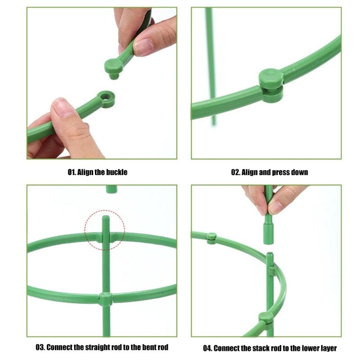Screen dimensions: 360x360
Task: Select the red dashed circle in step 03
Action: (x=105, y=229)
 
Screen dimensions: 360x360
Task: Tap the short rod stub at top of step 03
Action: (x=111, y=189)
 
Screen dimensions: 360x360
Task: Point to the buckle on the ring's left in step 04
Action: (x=211, y=237)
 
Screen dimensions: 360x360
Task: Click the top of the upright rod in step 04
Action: (x=269, y=256)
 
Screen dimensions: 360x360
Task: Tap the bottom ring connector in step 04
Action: (x=266, y=318)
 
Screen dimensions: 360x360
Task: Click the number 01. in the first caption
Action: (x=72, y=172)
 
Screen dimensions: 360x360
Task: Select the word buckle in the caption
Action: (x=116, y=172)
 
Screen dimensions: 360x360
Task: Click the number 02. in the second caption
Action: (x=236, y=172)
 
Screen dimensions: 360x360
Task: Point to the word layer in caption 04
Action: (x=327, y=348)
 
